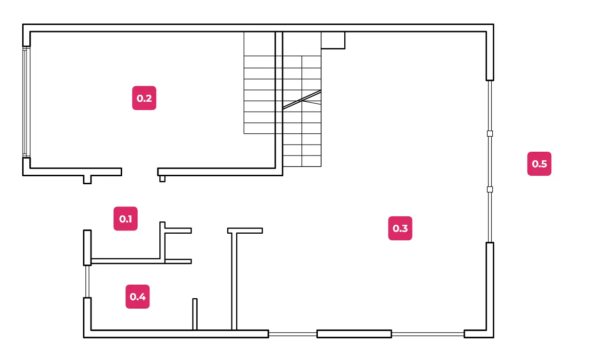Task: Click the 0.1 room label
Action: pyautogui.click(x=125, y=219)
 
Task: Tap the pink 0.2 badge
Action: pyautogui.click(x=144, y=98)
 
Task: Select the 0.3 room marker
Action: pyautogui.click(x=400, y=228)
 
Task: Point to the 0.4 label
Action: pyautogui.click(x=137, y=296)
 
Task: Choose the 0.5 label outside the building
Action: pyautogui.click(x=539, y=164)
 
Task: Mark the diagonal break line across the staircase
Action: pyautogui.click(x=302, y=99)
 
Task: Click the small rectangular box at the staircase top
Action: pyautogui.click(x=333, y=41)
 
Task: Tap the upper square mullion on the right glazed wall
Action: pyautogui.click(x=490, y=133)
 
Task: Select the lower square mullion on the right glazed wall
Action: pyautogui.click(x=490, y=189)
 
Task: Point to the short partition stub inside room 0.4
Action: pyautogui.click(x=195, y=314)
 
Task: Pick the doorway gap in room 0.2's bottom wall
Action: pyautogui.click(x=140, y=172)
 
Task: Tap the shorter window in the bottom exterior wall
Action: pyautogui.click(x=293, y=334)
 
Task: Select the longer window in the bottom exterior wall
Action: pyautogui.click(x=428, y=334)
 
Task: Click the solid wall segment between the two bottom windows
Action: pyautogui.click(x=354, y=334)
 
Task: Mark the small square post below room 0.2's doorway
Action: pyautogui.click(x=162, y=179)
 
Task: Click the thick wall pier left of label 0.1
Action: pyautogui.click(x=87, y=247)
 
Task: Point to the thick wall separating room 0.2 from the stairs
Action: pyautogui.click(x=279, y=103)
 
